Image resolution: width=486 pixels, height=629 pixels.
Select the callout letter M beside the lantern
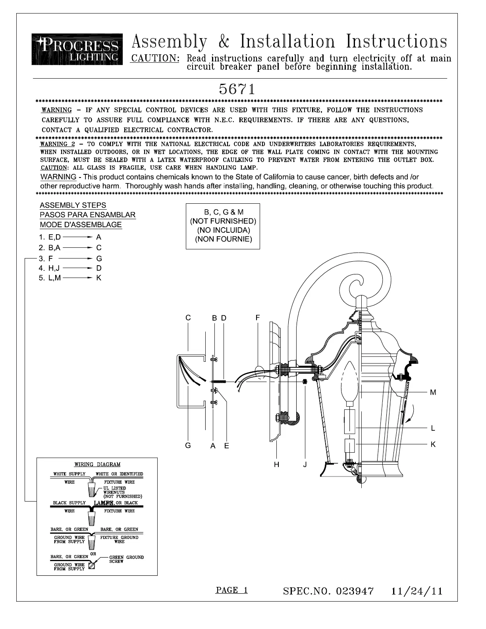(433, 392)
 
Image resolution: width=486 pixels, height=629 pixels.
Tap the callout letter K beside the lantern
(433, 444)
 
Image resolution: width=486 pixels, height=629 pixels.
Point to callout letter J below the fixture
(305, 464)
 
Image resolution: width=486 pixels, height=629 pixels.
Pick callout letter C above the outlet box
(188, 318)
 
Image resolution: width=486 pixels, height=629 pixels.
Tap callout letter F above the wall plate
(258, 318)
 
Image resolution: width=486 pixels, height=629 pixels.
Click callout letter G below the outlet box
(188, 445)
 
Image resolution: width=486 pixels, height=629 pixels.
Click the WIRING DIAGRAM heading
(97, 464)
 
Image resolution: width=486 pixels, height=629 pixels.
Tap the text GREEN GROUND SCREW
(126, 559)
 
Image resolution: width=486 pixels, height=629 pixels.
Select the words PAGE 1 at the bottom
(231, 590)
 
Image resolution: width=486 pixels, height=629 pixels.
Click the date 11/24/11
(417, 591)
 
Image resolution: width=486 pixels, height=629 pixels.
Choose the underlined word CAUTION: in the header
(155, 58)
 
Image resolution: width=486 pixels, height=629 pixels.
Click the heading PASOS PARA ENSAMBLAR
(88, 215)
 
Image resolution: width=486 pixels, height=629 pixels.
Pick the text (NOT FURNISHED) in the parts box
(223, 221)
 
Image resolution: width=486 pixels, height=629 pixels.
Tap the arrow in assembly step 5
(78, 278)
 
